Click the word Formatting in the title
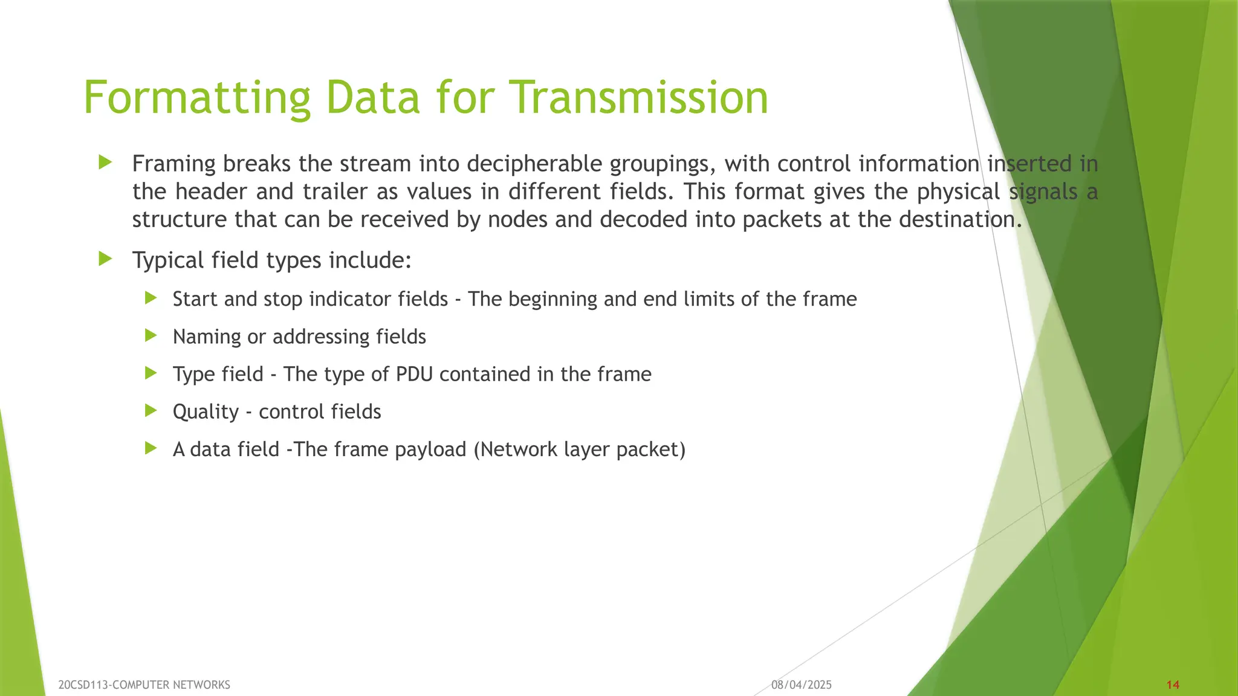pos(197,98)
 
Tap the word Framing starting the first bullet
pos(174,164)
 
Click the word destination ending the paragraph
pos(956,219)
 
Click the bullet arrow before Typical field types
pos(105,259)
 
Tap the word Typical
pos(168,260)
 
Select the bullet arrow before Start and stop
pos(151,298)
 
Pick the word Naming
pos(207,337)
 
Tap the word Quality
pos(206,412)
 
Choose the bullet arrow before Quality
pos(151,411)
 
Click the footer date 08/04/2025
pos(801,685)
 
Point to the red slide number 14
pos(1173,685)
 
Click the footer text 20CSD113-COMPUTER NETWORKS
pos(144,685)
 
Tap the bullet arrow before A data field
pos(151,448)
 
